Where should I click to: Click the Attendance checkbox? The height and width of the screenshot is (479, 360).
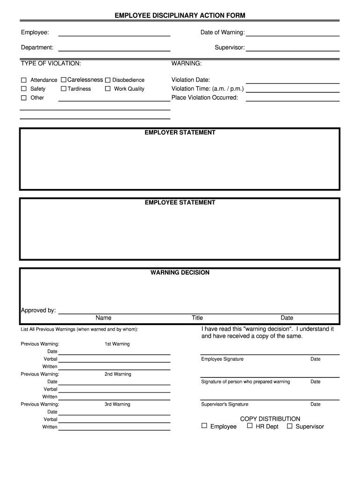23,80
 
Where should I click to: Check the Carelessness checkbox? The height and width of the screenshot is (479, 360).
64,80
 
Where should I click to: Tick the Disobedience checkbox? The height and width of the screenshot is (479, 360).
108,80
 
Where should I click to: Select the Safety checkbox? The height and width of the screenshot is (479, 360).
23,89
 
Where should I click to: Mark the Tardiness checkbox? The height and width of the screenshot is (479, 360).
64,89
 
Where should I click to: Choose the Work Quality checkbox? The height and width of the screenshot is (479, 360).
108,89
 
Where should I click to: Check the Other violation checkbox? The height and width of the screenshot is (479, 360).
23,98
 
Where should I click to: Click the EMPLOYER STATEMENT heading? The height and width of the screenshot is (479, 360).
180,133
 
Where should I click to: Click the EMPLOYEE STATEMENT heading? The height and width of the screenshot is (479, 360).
180,203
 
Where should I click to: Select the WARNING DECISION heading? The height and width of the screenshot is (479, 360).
180,273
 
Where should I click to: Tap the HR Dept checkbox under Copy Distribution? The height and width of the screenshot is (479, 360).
250,426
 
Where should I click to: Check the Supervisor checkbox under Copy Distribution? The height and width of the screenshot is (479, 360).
289,426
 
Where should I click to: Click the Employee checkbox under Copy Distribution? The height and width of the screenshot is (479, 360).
204,426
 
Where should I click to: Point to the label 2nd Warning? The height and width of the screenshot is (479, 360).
118,374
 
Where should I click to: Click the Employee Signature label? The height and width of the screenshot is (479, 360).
222,359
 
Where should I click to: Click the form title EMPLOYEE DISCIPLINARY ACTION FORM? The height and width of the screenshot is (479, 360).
180,16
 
